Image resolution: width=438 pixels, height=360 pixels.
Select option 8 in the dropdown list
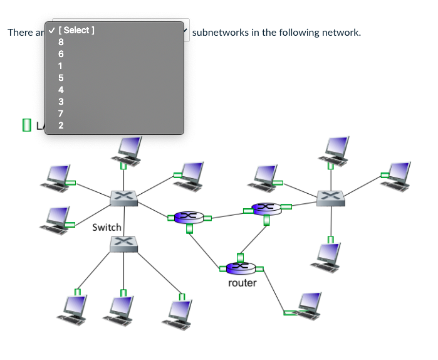click(61, 42)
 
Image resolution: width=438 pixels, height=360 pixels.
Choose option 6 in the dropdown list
click(61, 54)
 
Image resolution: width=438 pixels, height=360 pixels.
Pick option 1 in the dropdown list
click(61, 66)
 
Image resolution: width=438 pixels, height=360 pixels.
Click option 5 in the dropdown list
click(61, 78)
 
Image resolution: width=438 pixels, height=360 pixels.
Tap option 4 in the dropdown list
click(61, 90)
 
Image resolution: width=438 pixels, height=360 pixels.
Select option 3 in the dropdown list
click(61, 101)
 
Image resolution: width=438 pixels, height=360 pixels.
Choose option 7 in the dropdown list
click(61, 113)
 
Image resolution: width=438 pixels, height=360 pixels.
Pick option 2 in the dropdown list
click(61, 125)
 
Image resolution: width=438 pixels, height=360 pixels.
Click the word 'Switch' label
click(107, 227)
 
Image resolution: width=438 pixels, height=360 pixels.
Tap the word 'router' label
click(242, 283)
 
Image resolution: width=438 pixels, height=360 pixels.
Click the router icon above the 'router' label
click(241, 268)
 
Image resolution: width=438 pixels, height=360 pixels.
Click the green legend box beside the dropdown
click(26, 125)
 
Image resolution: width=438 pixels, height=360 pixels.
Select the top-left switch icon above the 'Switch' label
click(123, 198)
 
